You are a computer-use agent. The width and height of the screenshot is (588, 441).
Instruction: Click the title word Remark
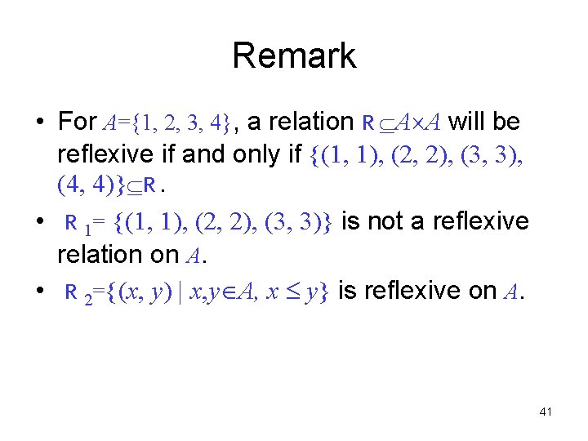coord(294,56)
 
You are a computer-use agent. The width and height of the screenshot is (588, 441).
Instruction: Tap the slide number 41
coord(546,412)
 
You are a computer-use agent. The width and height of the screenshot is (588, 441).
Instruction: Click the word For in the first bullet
coord(78,122)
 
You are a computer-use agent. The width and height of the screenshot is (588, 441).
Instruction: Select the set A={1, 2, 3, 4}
coord(167,123)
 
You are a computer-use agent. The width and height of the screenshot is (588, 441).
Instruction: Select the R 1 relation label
coord(75,223)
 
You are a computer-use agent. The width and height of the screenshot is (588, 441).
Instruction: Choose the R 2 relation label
coord(75,292)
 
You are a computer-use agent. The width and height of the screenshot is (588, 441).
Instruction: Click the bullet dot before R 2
coord(39,291)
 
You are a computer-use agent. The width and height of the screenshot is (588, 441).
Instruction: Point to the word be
coord(506,122)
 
